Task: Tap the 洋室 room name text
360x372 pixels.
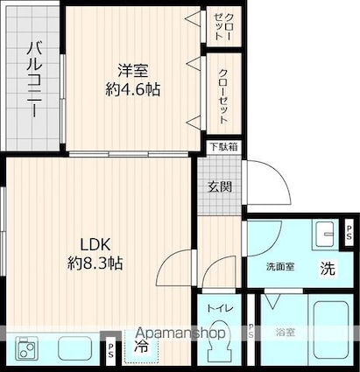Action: click(127, 68)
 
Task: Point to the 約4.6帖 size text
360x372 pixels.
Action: click(127, 88)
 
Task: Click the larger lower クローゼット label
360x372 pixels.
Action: click(222, 92)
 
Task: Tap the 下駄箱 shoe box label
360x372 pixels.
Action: click(222, 148)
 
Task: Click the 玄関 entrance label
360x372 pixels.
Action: click(219, 186)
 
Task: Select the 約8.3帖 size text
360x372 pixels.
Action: click(93, 263)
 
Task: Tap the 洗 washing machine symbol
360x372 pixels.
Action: click(326, 269)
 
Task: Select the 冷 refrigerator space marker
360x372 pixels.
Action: click(140, 347)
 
